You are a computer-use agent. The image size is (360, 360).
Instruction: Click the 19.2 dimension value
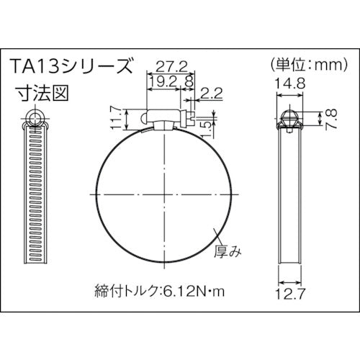coord(162,83)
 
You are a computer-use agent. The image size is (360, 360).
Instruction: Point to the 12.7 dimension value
coord(288,293)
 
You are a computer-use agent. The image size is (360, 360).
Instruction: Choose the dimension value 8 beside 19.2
coord(189,83)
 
